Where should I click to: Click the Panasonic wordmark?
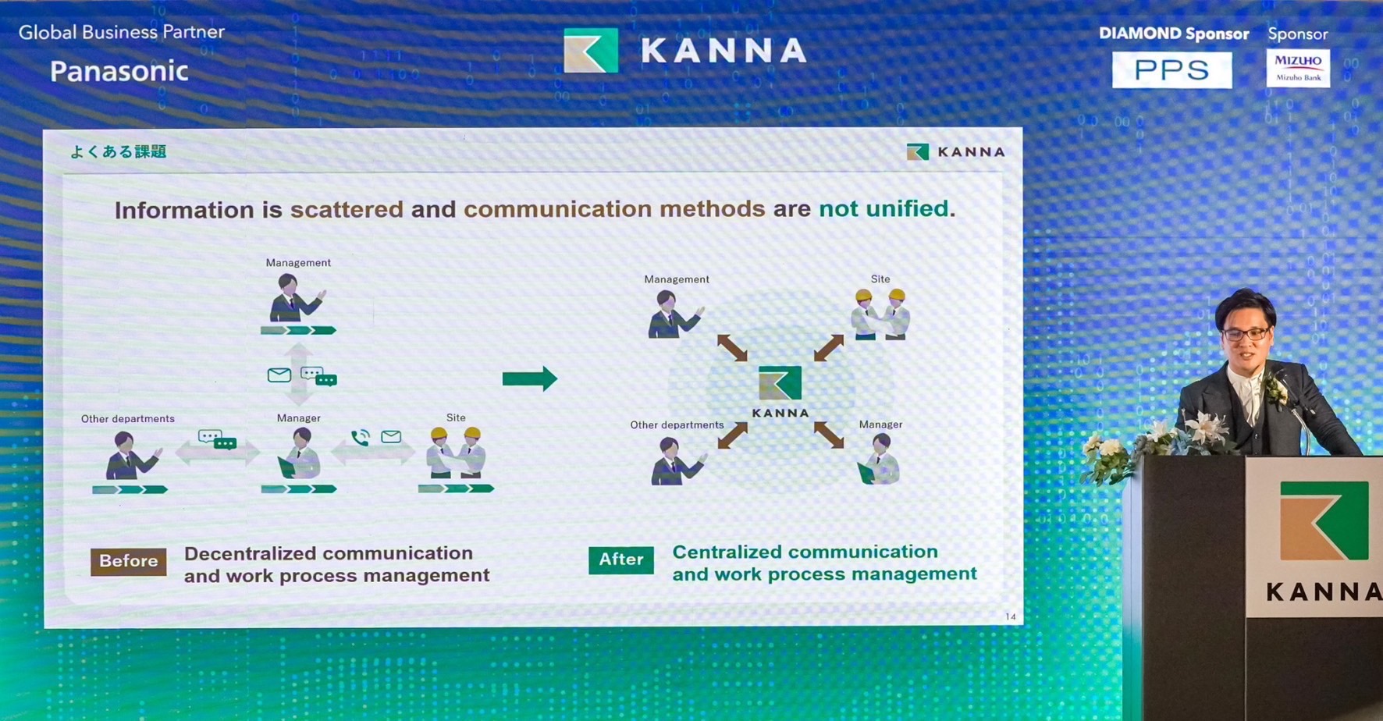click(119, 71)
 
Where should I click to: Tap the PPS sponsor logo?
click(1171, 69)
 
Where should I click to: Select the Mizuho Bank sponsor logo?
click(1298, 68)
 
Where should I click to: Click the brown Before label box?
click(129, 561)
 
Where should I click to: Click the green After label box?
click(621, 559)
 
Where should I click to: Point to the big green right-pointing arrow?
click(530, 378)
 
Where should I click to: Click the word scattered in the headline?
click(347, 209)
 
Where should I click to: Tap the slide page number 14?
click(1011, 616)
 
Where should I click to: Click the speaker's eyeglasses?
click(1246, 334)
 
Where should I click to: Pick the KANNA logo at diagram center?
click(780, 391)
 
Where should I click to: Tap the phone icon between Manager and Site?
click(360, 438)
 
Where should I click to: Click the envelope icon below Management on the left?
click(279, 375)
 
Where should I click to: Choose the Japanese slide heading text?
click(119, 151)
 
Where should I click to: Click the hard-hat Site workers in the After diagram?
click(880, 314)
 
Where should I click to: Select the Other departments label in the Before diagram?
click(128, 419)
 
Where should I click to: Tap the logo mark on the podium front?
click(1324, 520)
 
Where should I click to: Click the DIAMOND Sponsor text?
click(1174, 34)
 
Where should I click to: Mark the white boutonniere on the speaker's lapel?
click(1275, 388)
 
